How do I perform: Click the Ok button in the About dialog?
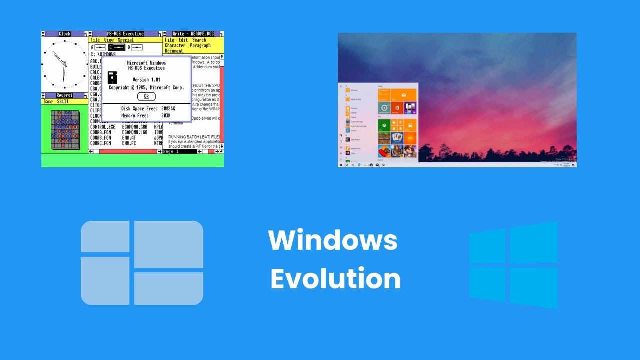(x=146, y=96)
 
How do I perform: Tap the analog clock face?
(x=64, y=65)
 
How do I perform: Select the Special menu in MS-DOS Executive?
(x=126, y=40)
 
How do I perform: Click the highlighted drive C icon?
(x=117, y=47)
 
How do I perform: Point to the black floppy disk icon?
(x=112, y=77)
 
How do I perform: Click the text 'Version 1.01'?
(x=146, y=80)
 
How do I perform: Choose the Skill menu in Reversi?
(x=63, y=101)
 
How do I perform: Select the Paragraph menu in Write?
(x=200, y=45)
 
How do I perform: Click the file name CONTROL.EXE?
(x=103, y=127)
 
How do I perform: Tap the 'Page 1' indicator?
(x=171, y=151)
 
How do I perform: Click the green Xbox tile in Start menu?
(x=384, y=125)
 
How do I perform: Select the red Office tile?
(x=397, y=108)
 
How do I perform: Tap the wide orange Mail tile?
(x=404, y=95)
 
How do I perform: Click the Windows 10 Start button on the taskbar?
(x=341, y=164)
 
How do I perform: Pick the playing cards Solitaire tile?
(x=397, y=137)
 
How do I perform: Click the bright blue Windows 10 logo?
(x=513, y=265)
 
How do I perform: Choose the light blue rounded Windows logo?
(x=142, y=263)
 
